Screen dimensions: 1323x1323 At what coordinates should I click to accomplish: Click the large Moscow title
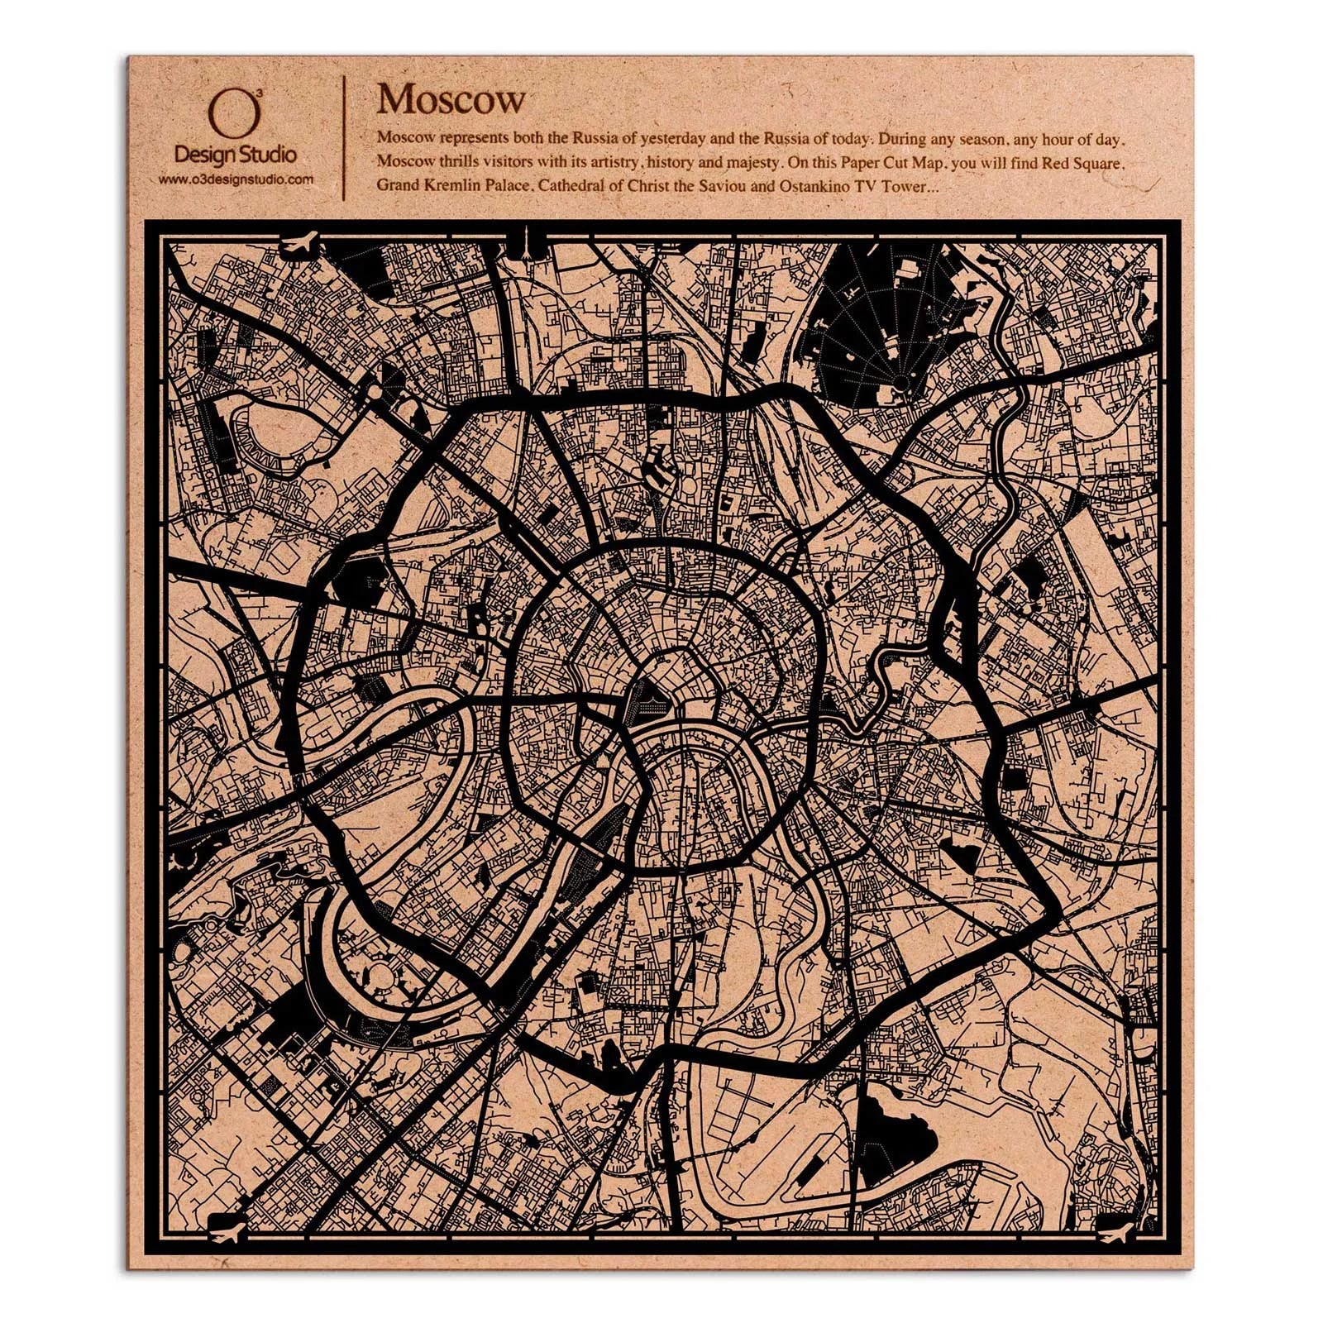click(x=451, y=100)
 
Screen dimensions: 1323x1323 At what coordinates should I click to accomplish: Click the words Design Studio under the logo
click(x=236, y=154)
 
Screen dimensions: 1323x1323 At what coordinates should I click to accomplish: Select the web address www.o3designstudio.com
click(x=236, y=179)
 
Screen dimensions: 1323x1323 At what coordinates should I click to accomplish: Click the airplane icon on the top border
click(x=299, y=243)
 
